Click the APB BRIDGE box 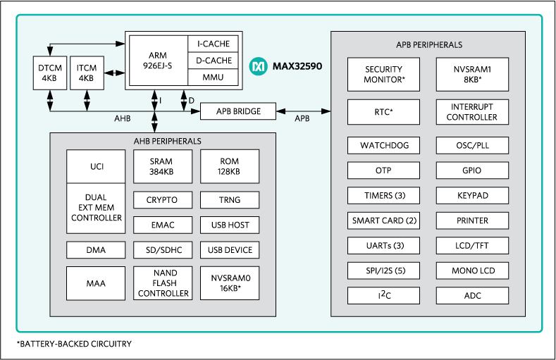[238, 111]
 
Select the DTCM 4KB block [49, 73]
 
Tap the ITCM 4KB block [86, 73]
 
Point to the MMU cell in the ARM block [214, 76]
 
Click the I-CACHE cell [214, 44]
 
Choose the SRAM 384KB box [161, 166]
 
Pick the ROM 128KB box [230, 166]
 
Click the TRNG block [230, 200]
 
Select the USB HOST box [230, 225]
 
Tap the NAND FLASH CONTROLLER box [161, 283]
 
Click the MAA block [96, 283]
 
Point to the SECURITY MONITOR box [383, 75]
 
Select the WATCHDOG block [383, 146]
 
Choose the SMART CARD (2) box [383, 221]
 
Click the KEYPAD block [472, 195]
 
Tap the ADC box [472, 295]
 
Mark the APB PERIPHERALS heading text [428, 44]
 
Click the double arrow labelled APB [303, 111]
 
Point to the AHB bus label [122, 118]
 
